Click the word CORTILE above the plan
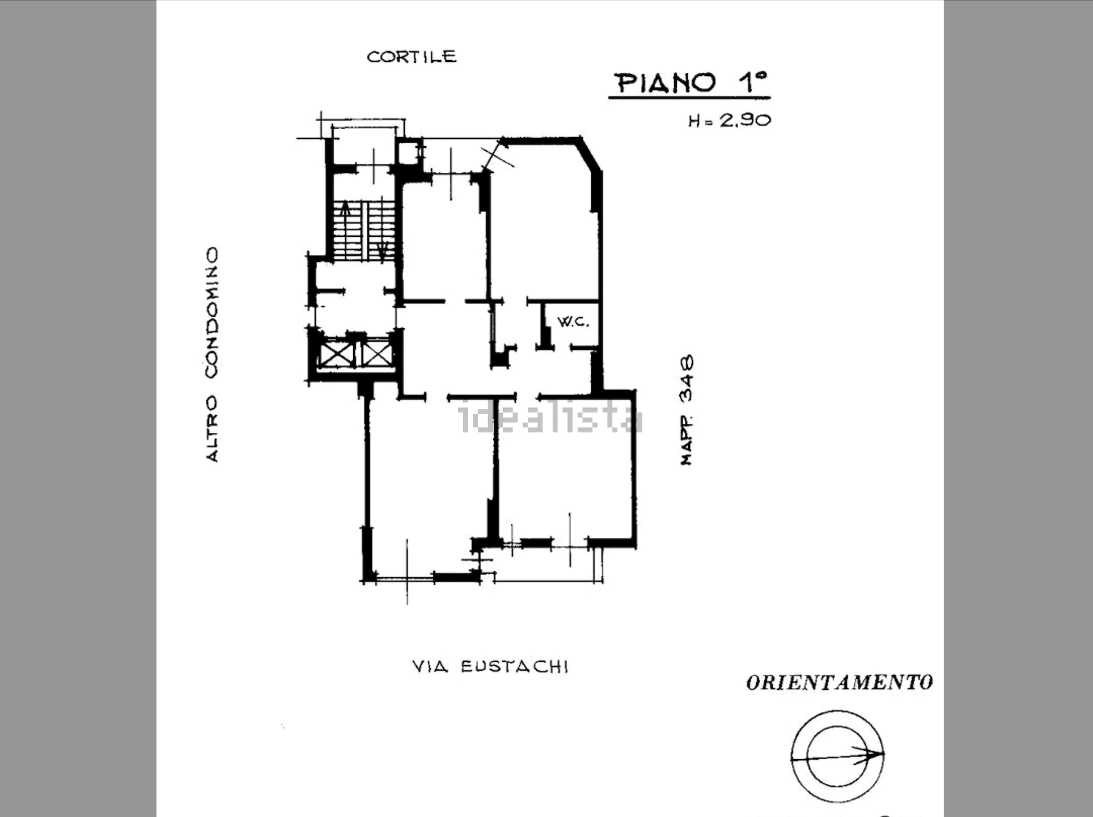point(412,57)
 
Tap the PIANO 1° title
point(691,83)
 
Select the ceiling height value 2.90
point(745,120)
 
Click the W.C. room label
point(573,322)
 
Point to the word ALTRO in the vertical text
point(211,428)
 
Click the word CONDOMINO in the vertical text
point(211,313)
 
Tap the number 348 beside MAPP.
point(687,378)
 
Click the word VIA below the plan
point(430,666)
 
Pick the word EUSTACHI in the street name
point(515,666)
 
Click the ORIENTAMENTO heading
point(840,683)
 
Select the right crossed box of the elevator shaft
point(376,354)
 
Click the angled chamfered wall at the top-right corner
point(590,154)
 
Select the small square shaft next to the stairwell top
point(409,152)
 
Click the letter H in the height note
point(694,121)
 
